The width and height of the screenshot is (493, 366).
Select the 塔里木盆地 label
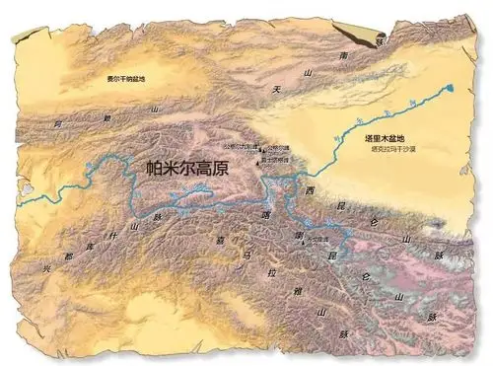413,138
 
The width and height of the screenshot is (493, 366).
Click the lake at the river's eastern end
451,89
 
